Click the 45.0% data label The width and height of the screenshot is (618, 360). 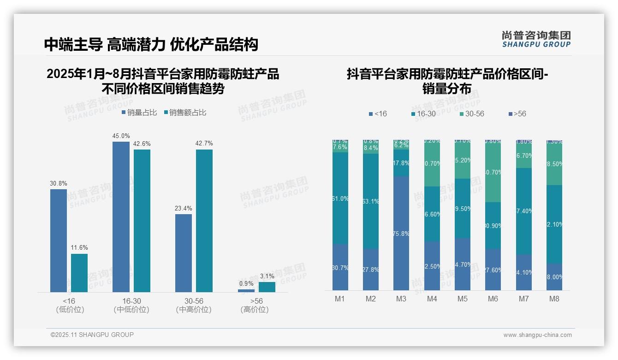point(121,136)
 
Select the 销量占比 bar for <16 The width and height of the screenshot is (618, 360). point(59,240)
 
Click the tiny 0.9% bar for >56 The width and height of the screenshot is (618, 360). point(246,291)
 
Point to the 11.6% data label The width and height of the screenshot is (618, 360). point(79,248)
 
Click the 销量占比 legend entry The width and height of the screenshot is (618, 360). point(139,113)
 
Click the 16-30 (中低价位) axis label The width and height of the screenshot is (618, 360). point(131,305)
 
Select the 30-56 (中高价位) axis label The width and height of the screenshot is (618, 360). point(194,305)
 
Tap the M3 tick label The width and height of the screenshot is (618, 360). point(401,299)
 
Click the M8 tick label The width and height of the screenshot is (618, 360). point(554,299)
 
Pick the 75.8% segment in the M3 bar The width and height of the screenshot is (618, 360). point(401,233)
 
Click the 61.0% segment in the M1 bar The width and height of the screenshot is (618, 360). point(340,198)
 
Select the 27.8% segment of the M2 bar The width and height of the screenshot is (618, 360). point(371,270)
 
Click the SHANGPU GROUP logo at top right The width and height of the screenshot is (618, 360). point(536,39)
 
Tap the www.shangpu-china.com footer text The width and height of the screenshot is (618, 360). point(537,335)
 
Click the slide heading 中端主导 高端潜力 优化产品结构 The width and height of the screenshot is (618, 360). point(151,44)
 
